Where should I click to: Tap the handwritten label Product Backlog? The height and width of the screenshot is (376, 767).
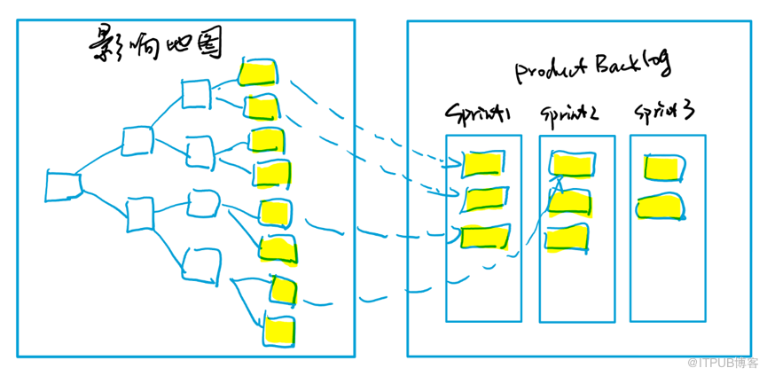[592, 67]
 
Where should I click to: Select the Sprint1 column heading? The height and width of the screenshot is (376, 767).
[479, 114]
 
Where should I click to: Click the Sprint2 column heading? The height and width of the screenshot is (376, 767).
[568, 114]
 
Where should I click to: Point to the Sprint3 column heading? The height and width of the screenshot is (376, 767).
[663, 113]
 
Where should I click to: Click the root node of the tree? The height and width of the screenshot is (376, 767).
[63, 185]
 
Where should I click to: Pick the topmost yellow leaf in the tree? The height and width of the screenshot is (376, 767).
[259, 71]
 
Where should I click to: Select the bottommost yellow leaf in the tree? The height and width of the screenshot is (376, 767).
[279, 331]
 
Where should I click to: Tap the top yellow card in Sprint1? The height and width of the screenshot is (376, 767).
[484, 163]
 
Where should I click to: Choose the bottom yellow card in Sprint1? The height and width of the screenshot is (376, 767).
[485, 235]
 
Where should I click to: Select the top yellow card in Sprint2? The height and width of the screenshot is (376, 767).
[571, 163]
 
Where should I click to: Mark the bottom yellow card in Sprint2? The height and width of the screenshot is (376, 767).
[567, 238]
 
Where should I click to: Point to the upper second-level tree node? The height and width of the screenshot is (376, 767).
[137, 141]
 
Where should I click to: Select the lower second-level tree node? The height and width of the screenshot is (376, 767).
[142, 215]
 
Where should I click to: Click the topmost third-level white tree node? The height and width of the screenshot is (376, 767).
[195, 93]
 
